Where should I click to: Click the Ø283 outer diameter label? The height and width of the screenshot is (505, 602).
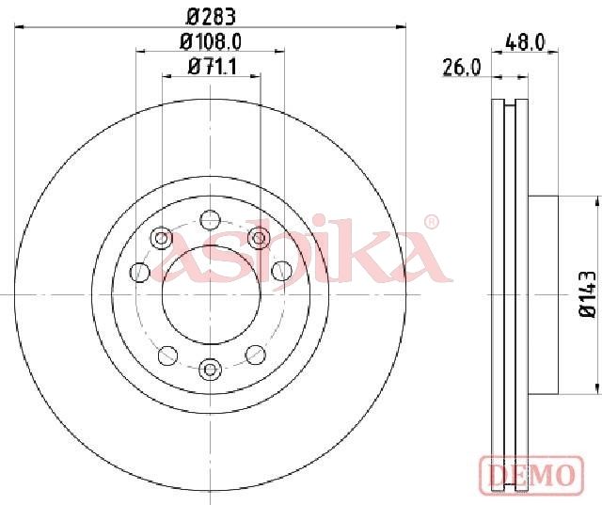pos(211,17)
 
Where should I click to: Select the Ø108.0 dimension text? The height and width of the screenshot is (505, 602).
pos(211,41)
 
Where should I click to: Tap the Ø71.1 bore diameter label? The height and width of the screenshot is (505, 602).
pos(213,67)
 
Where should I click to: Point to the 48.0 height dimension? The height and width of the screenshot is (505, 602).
pos(525,42)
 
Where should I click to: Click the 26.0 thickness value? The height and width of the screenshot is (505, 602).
pos(462,68)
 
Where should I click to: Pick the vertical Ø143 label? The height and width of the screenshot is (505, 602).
pos(587,293)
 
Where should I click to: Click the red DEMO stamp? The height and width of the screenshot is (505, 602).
pos(531,474)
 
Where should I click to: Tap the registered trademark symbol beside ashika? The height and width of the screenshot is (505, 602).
pos(431,222)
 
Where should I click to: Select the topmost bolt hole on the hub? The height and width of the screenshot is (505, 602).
pos(211,221)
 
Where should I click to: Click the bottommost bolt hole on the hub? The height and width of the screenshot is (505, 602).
pos(211,370)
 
